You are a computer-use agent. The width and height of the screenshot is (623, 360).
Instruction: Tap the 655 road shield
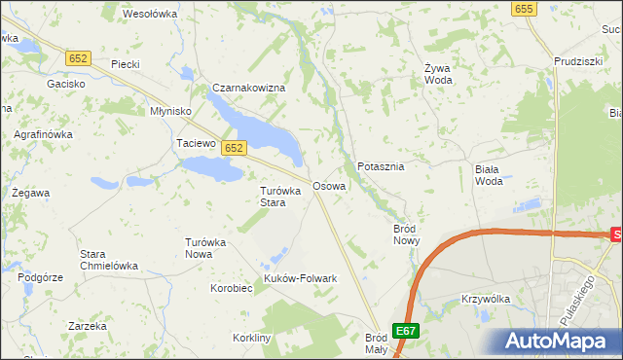pyautogui.click(x=524, y=9)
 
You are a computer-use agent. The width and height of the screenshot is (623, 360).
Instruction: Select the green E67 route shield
pyautogui.click(x=406, y=330)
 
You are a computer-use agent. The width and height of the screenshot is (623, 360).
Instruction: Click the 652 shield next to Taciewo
pyautogui.click(x=232, y=148)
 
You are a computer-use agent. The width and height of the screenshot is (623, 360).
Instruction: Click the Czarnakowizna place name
pyautogui.click(x=248, y=89)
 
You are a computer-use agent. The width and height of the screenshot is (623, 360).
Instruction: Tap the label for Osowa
pyautogui.click(x=328, y=185)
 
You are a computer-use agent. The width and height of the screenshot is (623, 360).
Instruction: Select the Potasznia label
pyautogui.click(x=381, y=166)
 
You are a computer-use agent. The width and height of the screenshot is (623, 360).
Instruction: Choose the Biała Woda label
pyautogui.click(x=489, y=174)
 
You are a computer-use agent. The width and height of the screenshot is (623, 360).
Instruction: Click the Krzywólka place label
pyautogui.click(x=487, y=299)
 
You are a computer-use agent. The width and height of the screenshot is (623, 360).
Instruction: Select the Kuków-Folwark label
pyautogui.click(x=300, y=278)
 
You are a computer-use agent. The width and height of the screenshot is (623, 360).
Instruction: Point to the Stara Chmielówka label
pyautogui.click(x=107, y=260)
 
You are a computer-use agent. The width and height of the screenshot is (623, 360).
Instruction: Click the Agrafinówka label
pyautogui.click(x=42, y=134)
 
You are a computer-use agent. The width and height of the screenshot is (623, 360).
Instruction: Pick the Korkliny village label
pyautogui.click(x=252, y=337)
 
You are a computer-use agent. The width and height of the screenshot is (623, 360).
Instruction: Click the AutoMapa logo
pyautogui.click(x=555, y=341)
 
